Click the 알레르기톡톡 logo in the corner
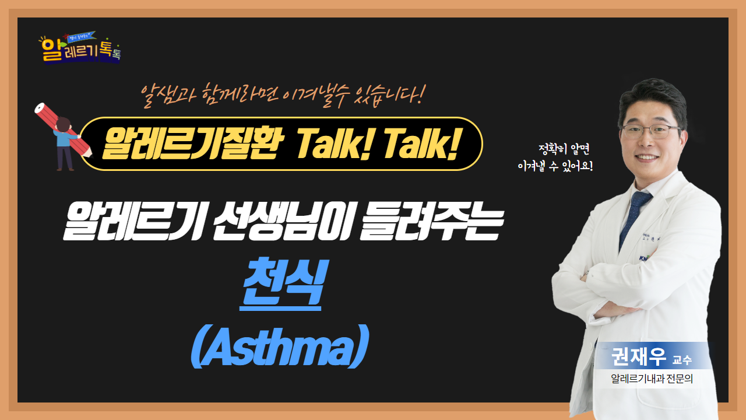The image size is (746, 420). pos(80,48)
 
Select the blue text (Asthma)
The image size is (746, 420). pos(280,346)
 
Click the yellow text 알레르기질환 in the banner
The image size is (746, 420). pos(192,144)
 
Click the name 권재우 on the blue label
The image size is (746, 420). pos(638,356)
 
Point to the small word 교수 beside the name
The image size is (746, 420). pos(682,360)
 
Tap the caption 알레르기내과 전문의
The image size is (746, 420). pos(652,379)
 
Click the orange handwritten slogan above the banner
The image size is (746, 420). pos(283,95)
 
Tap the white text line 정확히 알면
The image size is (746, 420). pos(564,149)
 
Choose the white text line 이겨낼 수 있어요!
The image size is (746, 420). pos(555,166)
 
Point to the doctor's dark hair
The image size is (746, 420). pos(653,97)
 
